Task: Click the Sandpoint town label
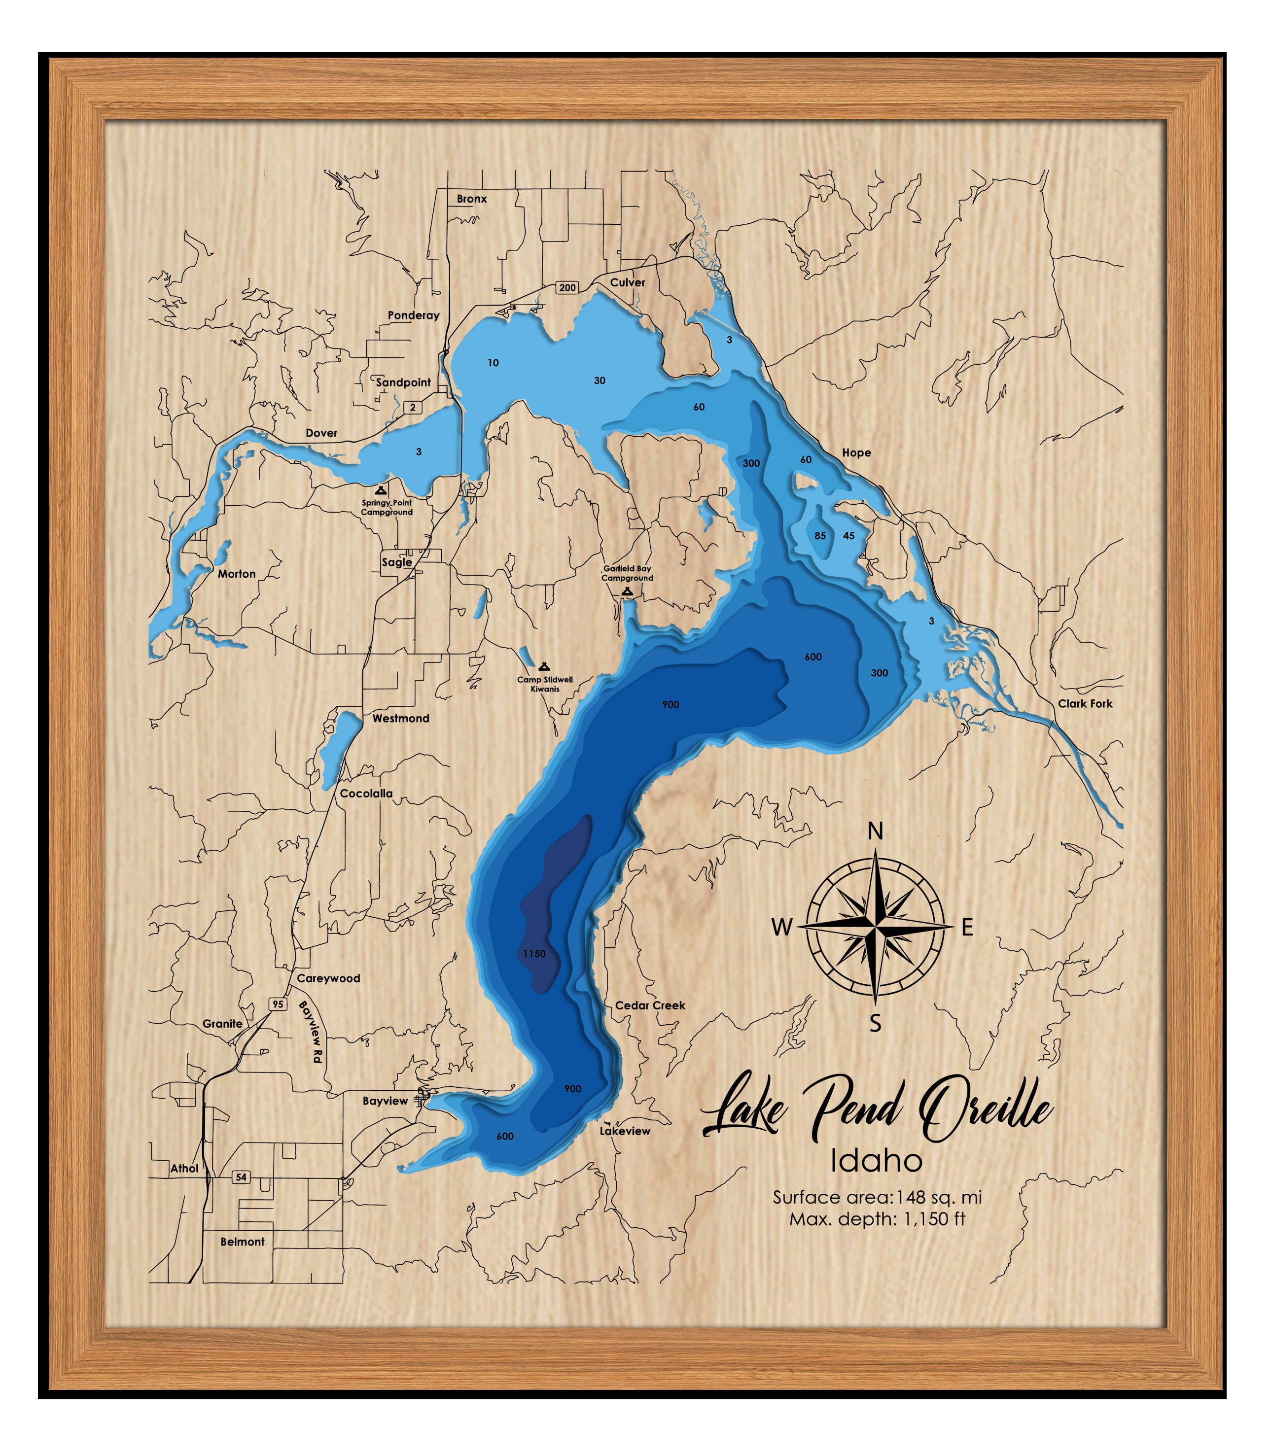[x=403, y=382]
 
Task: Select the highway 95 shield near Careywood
[x=277, y=1004]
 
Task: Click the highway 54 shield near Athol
[x=242, y=1177]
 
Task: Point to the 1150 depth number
[x=534, y=954]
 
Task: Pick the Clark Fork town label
[x=1085, y=704]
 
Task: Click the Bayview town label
[x=386, y=1101]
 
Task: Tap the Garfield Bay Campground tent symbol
[x=627, y=591]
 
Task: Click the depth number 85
[x=820, y=536]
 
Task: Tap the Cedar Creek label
[x=650, y=1005]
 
